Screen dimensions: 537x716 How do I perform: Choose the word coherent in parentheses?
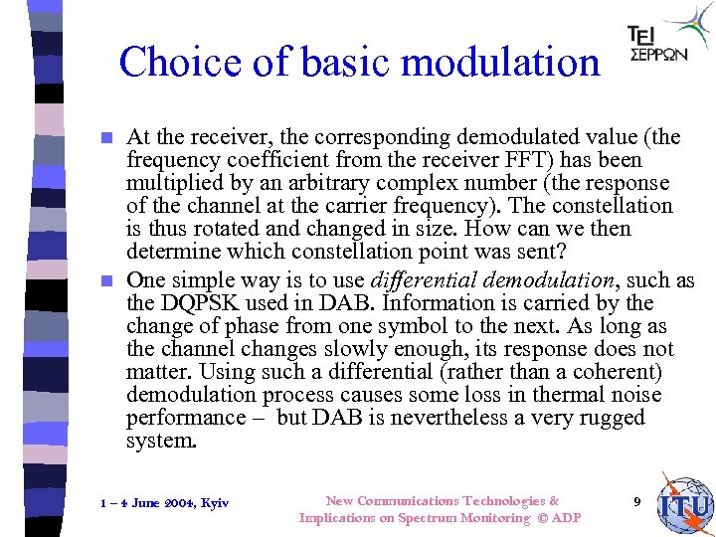[x=628, y=373]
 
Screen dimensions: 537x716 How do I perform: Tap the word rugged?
[x=609, y=418]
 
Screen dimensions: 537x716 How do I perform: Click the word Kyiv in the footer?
[x=213, y=503]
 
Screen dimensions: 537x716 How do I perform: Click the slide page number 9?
[x=636, y=501]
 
